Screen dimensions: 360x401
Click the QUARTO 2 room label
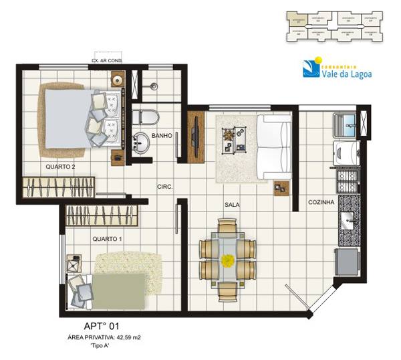click(x=60, y=166)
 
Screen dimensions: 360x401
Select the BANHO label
click(x=162, y=136)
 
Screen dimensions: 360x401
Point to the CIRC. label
click(x=164, y=187)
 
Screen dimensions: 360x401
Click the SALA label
click(x=232, y=205)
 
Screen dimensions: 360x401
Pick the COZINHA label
click(x=321, y=202)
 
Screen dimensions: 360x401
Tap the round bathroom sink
click(x=141, y=143)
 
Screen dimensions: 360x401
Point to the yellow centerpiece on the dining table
click(x=227, y=260)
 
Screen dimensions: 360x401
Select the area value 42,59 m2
click(x=136, y=339)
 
